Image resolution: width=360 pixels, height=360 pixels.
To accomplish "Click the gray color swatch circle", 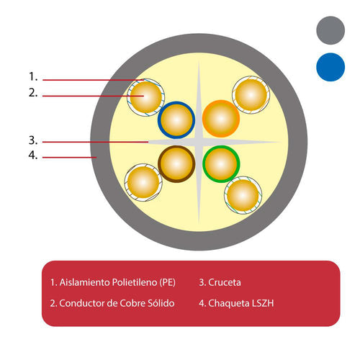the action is (x=330, y=30).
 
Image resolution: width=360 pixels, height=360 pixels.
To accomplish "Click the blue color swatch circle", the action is (x=330, y=67).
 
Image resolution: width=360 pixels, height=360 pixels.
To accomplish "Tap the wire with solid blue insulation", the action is (x=176, y=120).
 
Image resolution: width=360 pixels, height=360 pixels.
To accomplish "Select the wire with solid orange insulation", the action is (x=221, y=119).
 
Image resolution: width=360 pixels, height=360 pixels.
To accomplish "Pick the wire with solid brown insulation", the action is (x=176, y=164).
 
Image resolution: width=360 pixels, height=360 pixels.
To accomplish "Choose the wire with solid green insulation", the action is (x=221, y=164).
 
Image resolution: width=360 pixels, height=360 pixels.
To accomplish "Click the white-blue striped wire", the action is (x=145, y=97).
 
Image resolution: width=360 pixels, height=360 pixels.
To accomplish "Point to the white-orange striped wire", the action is (x=251, y=95).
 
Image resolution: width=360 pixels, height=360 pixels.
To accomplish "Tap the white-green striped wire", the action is (x=243, y=195).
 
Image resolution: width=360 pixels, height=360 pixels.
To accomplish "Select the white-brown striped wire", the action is (x=143, y=183).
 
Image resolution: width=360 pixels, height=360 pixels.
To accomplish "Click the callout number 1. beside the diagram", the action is (x=33, y=77).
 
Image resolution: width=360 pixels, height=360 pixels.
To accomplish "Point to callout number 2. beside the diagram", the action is (x=33, y=93).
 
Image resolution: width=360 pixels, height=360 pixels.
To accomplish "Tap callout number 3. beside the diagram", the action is (x=33, y=140).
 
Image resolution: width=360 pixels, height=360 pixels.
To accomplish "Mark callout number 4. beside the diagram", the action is (x=33, y=156).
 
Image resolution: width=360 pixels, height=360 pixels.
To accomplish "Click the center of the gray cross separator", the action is (x=199, y=142).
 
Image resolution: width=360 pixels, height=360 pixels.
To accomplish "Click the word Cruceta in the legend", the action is (x=225, y=282).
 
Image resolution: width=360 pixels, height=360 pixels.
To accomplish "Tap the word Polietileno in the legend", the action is (x=135, y=282).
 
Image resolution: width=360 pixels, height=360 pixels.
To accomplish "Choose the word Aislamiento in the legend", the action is (x=84, y=282).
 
